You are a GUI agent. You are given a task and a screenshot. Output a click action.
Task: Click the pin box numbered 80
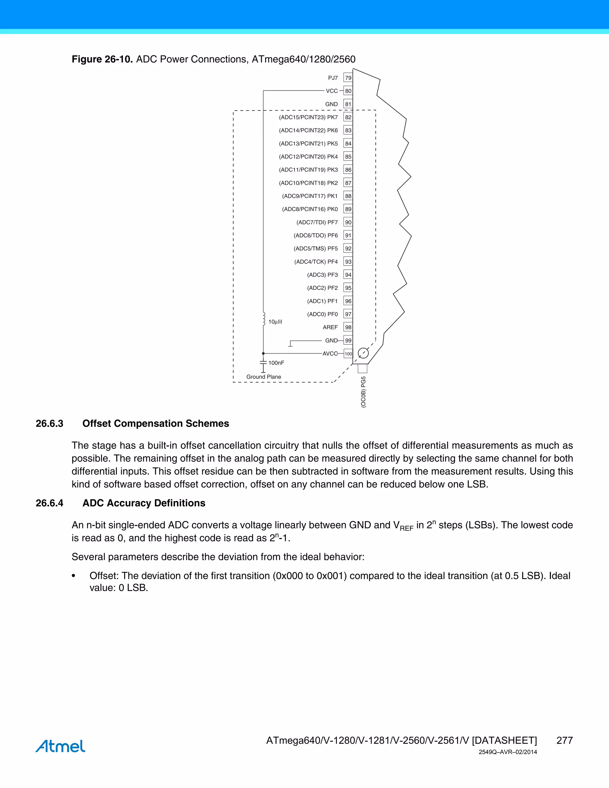click(348, 91)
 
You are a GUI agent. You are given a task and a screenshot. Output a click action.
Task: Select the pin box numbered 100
click(348, 354)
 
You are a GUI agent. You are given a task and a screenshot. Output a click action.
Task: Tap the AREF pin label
click(330, 327)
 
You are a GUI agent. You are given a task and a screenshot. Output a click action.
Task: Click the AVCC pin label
click(330, 354)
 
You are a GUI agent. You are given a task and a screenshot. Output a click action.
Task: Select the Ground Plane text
click(263, 377)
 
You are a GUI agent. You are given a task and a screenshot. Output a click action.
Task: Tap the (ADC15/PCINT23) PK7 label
click(308, 117)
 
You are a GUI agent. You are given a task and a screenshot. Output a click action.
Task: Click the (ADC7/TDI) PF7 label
click(317, 222)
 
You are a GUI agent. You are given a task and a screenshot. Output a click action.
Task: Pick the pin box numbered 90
click(348, 222)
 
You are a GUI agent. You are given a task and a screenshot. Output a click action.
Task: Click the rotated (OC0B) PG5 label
click(363, 392)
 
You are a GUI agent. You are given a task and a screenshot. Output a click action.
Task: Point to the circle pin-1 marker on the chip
click(363, 353)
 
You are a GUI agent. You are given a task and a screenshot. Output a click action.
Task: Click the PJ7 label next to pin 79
click(333, 78)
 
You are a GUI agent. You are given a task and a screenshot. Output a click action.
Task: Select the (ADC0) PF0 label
click(322, 314)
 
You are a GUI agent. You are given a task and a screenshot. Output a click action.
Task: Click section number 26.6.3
click(49, 423)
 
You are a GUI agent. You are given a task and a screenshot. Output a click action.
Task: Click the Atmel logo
click(60, 746)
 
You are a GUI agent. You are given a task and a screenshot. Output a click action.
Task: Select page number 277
click(564, 740)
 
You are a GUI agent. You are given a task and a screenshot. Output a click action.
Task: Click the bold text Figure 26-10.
click(102, 59)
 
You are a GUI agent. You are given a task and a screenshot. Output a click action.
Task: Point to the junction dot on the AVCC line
click(263, 354)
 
